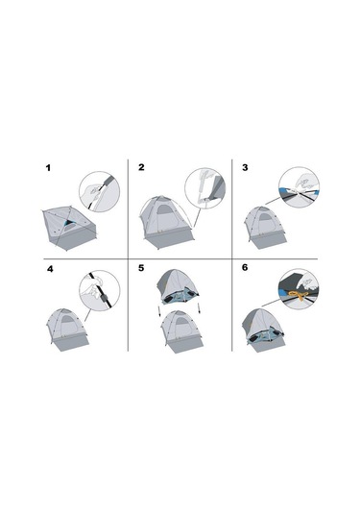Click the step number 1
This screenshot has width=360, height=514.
pos(48,168)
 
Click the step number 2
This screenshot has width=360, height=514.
pos(141,168)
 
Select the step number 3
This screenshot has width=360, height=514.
pos(245,168)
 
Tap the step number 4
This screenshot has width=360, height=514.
pos(49,270)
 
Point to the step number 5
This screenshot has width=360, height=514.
pos(141,270)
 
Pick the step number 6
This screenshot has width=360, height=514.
pos(245,270)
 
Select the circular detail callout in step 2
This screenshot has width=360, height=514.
pos(204,187)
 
